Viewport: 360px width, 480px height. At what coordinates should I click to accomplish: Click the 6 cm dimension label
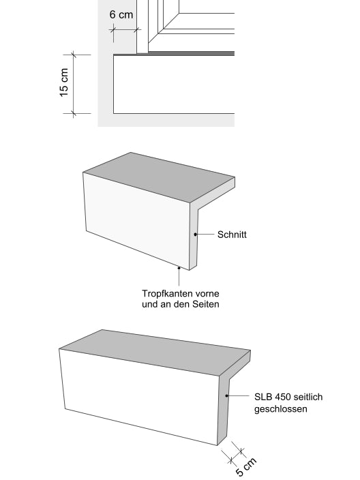tap(121, 14)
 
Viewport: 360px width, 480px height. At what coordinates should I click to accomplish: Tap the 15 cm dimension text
tap(63, 82)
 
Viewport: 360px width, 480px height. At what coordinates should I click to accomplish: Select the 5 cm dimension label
tap(246, 467)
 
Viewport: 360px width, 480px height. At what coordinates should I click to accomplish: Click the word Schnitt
tap(232, 235)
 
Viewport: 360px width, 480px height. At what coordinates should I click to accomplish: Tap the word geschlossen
tap(281, 409)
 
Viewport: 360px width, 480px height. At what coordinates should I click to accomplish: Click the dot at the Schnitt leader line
tap(195, 235)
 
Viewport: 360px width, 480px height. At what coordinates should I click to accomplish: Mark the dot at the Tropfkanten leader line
tap(179, 268)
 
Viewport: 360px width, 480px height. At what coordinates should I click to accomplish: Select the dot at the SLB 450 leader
tap(227, 396)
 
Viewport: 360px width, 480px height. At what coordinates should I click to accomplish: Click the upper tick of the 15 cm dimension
tap(73, 55)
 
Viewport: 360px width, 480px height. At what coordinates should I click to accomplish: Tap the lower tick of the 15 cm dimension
tap(73, 114)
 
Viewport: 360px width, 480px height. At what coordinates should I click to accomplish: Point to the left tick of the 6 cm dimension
tap(114, 30)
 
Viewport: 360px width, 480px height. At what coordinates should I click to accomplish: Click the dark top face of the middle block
tap(159, 177)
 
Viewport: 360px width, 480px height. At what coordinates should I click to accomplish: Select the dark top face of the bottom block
tap(155, 352)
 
